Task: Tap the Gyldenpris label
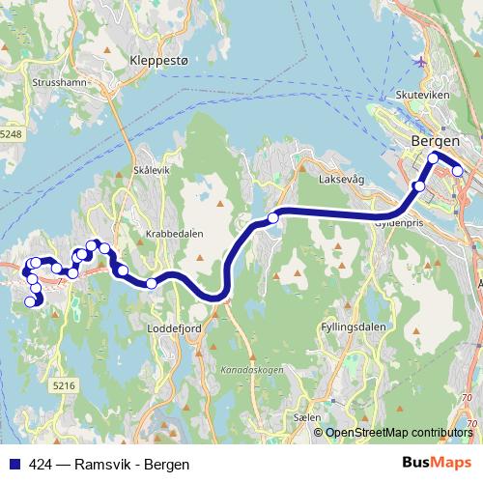(400, 222)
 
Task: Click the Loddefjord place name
(174, 327)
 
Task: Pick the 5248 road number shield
(11, 134)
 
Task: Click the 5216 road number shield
(64, 385)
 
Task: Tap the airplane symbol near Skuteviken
(419, 62)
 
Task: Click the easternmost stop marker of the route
(457, 172)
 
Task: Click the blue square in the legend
(12, 464)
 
